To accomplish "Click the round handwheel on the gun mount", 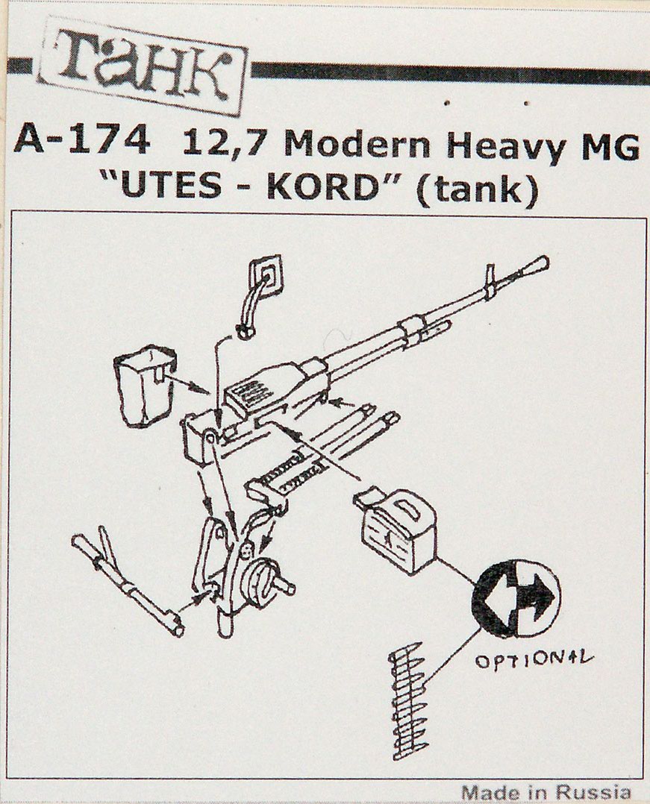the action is (x=265, y=583).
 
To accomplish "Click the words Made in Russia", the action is (x=546, y=791).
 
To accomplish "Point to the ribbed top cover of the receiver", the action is (x=257, y=391).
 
